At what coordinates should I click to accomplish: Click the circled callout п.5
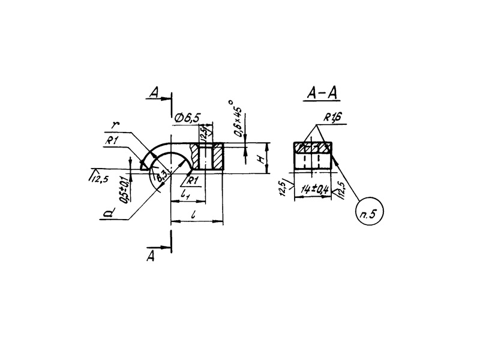click(369, 211)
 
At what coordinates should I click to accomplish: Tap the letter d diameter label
click(107, 212)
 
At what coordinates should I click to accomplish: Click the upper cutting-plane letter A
click(155, 93)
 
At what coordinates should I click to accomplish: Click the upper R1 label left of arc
click(112, 140)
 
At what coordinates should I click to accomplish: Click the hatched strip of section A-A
click(312, 147)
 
